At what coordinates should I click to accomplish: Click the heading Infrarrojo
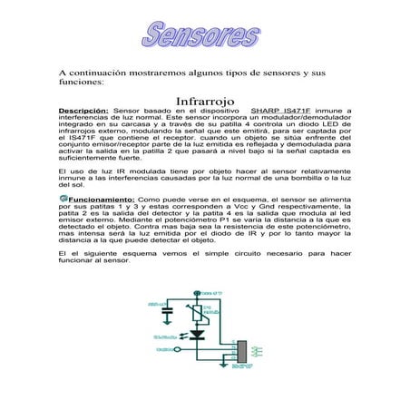205,99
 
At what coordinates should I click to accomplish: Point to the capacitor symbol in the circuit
167,311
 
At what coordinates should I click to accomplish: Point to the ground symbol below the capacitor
167,322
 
